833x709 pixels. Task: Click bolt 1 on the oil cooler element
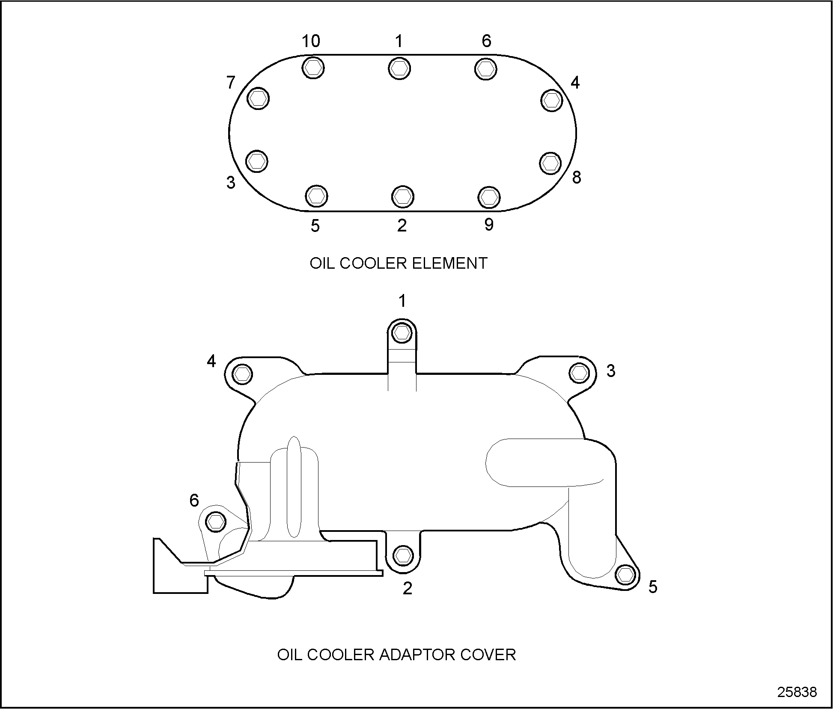point(399,68)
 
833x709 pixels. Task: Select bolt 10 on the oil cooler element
point(313,68)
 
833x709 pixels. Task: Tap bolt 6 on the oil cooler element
point(485,68)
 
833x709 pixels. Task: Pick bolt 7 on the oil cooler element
point(258,98)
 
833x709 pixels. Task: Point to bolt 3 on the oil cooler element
point(257,161)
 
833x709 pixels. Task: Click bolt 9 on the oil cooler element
point(488,197)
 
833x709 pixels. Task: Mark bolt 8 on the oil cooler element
point(550,163)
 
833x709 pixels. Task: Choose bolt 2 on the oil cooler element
point(402,196)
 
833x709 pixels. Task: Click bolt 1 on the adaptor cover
point(402,332)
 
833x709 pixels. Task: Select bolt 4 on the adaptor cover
point(242,374)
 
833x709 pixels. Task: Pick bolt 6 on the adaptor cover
point(215,521)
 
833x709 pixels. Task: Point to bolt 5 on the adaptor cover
point(625,574)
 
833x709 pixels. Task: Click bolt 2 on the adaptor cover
point(402,555)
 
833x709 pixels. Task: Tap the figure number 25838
point(797,692)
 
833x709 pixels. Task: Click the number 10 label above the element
point(311,42)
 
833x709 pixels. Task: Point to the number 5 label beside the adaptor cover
point(652,587)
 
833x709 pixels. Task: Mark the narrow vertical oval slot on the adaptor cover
point(294,487)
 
